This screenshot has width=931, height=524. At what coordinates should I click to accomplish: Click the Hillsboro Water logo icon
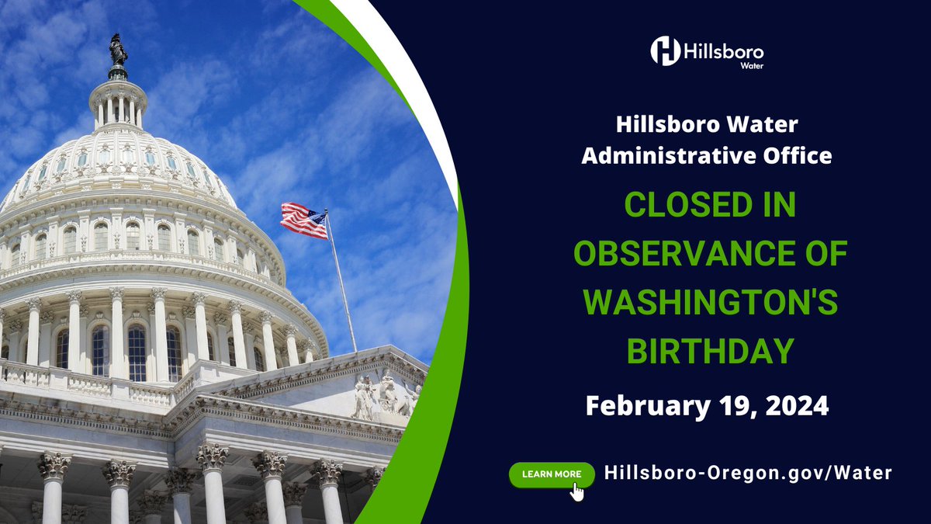coord(665,50)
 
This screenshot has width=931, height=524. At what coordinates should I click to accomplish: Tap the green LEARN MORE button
coord(552,473)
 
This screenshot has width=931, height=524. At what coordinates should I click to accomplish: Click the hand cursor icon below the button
coord(576,491)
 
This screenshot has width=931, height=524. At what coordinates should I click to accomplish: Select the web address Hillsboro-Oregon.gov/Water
coord(748,472)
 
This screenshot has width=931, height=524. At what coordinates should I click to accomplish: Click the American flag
coord(303,220)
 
